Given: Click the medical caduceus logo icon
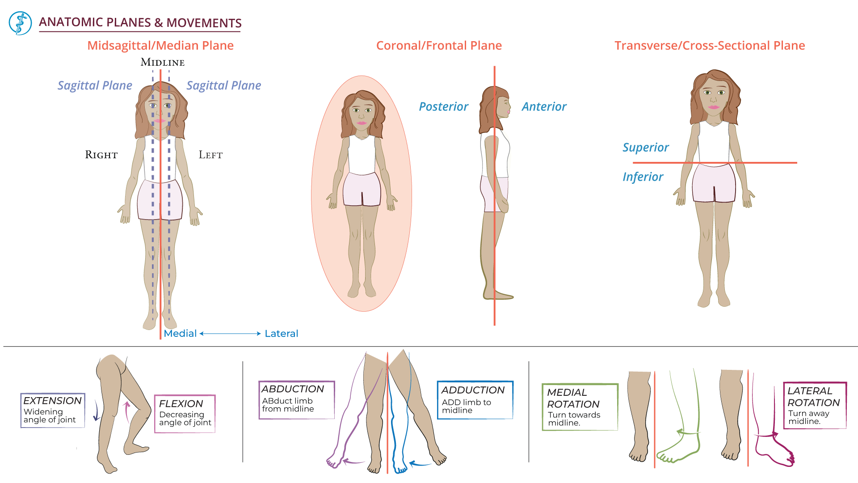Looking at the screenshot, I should click(20, 23).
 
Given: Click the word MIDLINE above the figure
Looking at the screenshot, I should click(163, 63).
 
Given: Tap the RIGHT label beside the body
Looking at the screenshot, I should click(101, 155).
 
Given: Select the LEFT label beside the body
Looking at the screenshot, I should click(210, 155).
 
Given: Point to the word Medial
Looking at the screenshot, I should click(180, 334).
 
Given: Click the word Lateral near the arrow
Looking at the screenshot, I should click(281, 334).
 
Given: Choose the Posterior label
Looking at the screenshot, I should click(443, 107).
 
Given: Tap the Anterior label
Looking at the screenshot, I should click(544, 107).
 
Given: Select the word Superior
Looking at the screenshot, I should click(645, 148).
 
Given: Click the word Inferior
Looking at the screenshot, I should click(643, 177).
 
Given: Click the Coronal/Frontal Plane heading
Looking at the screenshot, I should click(439, 46).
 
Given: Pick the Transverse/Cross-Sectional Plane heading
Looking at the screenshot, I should click(710, 46).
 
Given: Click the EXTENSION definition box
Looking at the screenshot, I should click(53, 410).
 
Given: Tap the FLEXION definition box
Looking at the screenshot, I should click(185, 413).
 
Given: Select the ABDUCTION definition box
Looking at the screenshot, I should click(297, 400).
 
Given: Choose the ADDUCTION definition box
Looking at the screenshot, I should click(475, 400).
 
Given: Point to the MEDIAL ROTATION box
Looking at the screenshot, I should click(580, 407).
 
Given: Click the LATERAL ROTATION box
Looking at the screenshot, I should click(815, 405).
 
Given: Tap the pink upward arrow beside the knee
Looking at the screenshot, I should click(127, 411).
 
